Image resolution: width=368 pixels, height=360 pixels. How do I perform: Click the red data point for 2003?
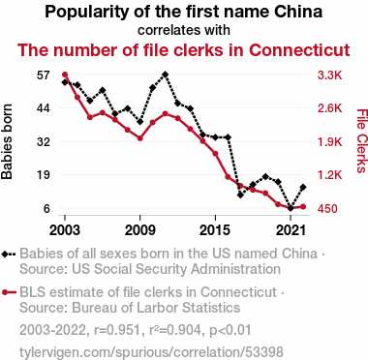(65, 75)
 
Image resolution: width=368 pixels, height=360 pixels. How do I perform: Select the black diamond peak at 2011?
(166, 75)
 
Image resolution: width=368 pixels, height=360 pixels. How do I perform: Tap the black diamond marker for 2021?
(291, 208)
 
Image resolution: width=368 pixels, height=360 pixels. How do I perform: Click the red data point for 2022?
(303, 207)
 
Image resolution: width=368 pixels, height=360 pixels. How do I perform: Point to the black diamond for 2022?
(303, 187)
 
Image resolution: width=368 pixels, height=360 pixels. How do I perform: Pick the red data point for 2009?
(140, 138)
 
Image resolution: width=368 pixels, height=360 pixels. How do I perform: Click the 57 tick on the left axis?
(44, 75)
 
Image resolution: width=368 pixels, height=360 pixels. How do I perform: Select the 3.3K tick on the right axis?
(329, 75)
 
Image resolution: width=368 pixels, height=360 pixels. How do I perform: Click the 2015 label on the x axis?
(215, 230)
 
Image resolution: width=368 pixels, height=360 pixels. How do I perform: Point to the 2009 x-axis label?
(140, 230)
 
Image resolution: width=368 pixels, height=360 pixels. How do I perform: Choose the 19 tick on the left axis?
(44, 175)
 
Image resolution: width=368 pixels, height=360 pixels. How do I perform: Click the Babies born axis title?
(7, 141)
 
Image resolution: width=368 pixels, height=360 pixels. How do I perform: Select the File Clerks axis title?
(362, 141)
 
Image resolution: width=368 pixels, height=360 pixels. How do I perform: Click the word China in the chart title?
(298, 12)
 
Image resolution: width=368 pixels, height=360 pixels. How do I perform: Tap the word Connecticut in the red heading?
(299, 50)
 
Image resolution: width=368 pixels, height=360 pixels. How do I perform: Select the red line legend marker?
(9, 292)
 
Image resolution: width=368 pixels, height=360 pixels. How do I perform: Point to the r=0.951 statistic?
(117, 330)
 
